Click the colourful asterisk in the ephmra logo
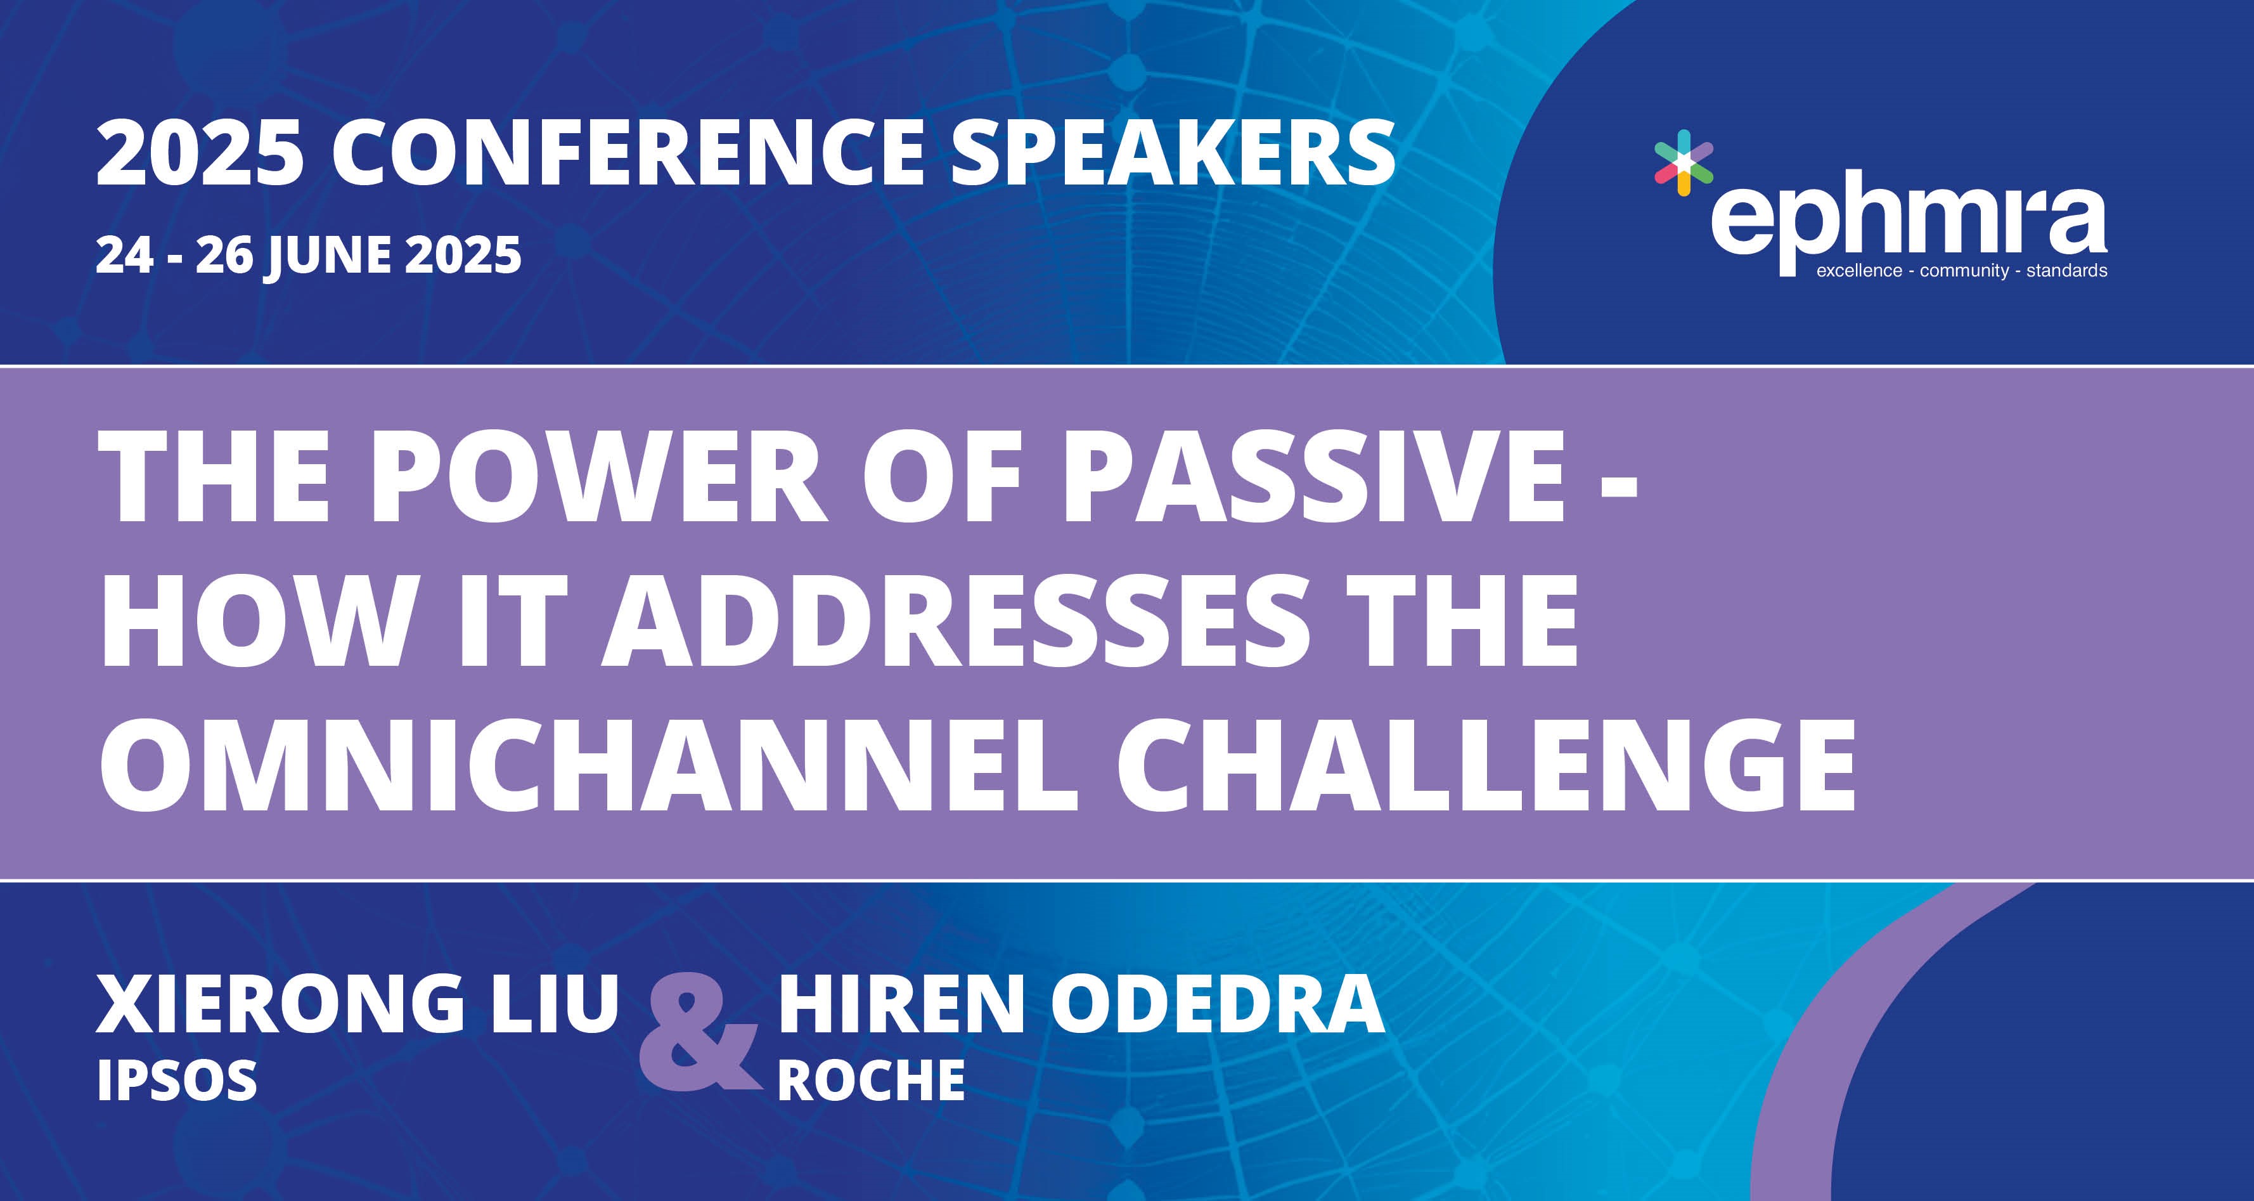pyautogui.click(x=1683, y=162)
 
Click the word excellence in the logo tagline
pyautogui.click(x=1858, y=271)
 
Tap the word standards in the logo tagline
pyautogui.click(x=2067, y=271)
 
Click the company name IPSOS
pyautogui.click(x=177, y=1080)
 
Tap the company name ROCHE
pyautogui.click(x=872, y=1080)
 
